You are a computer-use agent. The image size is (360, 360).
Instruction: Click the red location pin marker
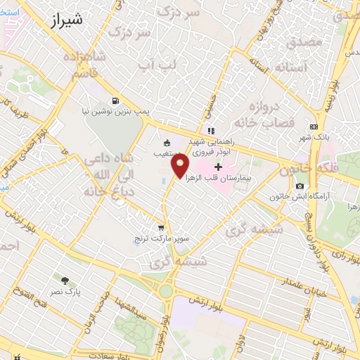coord(180,166)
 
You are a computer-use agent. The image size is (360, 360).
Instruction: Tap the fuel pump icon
coord(115,100)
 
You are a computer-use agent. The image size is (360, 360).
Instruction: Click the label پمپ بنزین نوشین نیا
coord(114,111)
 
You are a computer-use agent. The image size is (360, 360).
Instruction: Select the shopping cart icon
coord(162,228)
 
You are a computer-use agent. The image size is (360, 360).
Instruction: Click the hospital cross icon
coord(218,167)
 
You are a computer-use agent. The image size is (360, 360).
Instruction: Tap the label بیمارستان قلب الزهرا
coord(225,179)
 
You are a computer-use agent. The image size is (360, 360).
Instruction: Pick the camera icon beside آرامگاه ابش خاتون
coord(300,186)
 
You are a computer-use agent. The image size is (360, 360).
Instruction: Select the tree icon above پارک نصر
coord(67,281)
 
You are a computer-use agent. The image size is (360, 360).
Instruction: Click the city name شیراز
coord(66,21)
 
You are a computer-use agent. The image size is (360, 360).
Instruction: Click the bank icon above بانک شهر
coord(314,127)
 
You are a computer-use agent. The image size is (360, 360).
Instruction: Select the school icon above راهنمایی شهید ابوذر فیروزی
coord(210,130)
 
